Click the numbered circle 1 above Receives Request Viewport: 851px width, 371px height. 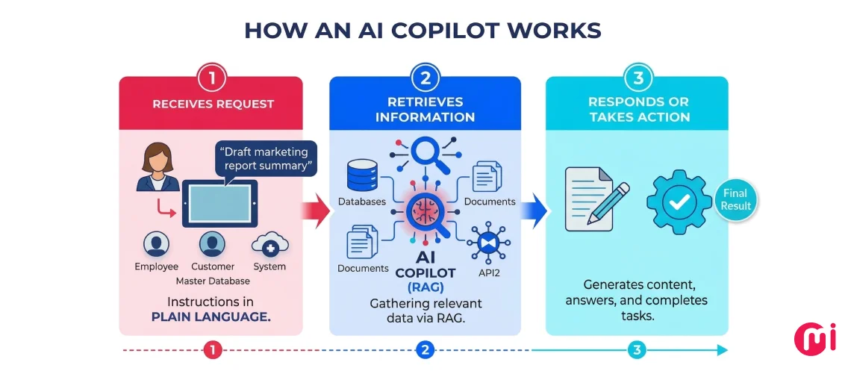point(211,77)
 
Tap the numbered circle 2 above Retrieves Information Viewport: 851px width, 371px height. point(424,77)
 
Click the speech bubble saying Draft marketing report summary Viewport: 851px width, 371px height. point(266,158)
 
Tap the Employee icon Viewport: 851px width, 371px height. point(156,243)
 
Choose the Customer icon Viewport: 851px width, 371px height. point(212,243)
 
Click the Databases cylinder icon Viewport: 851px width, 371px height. point(361,176)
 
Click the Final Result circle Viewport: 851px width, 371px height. point(735,199)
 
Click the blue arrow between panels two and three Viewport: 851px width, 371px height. point(533,210)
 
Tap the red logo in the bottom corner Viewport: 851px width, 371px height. point(815,337)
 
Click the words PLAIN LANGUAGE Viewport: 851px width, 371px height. point(211,317)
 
